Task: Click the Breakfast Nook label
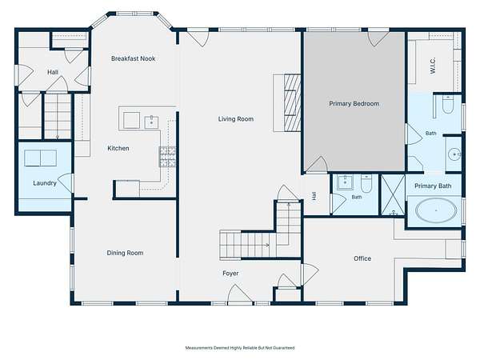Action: (x=133, y=58)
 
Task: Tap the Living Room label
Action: (x=236, y=118)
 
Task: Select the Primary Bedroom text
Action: (x=354, y=104)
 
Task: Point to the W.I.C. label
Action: (x=433, y=66)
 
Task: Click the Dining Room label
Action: (x=125, y=253)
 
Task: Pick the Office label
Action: (x=362, y=258)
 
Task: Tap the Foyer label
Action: (x=230, y=274)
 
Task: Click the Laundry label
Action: (x=45, y=183)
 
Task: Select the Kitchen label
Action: (x=118, y=148)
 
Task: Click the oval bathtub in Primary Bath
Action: (x=436, y=210)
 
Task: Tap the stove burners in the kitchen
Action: (x=167, y=157)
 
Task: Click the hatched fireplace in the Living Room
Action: (x=292, y=103)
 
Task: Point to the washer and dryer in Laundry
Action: (x=41, y=158)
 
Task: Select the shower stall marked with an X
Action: (x=393, y=195)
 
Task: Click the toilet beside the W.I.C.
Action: (x=447, y=105)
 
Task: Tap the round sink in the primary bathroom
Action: (x=454, y=154)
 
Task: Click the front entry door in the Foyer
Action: (x=240, y=294)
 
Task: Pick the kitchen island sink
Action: (x=151, y=122)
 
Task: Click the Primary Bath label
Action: (x=433, y=186)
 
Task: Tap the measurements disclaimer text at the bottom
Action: (x=240, y=348)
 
